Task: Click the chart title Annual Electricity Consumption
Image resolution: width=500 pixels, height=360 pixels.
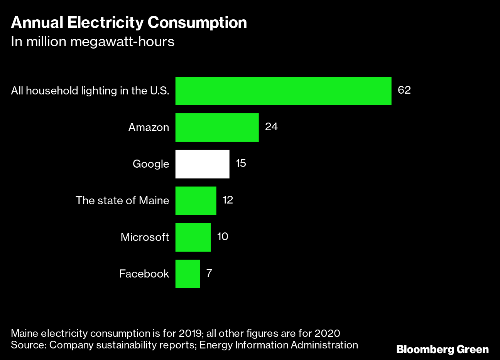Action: click(129, 23)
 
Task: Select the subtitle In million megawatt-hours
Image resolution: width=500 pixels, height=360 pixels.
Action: click(93, 42)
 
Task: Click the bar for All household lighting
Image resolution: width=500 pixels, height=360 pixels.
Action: click(283, 91)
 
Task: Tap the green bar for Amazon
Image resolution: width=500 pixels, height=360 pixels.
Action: click(217, 128)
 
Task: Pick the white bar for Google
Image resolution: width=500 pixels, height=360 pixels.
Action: click(202, 164)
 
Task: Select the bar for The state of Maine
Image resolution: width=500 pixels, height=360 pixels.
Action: click(196, 201)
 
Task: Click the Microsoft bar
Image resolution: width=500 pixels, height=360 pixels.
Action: click(193, 237)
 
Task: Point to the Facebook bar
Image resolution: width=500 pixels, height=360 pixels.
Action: click(187, 274)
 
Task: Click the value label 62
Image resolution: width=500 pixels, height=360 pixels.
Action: click(404, 90)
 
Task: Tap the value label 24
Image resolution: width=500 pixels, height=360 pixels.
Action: click(271, 127)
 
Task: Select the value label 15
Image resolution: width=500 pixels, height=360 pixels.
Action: click(240, 163)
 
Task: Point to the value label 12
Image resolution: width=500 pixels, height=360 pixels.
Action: click(228, 200)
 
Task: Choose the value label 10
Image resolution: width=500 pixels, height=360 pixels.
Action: click(223, 236)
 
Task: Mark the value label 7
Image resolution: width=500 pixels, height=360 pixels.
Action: click(209, 273)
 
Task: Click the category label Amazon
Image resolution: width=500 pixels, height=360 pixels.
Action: click(149, 128)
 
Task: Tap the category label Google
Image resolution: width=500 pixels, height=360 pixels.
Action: click(151, 164)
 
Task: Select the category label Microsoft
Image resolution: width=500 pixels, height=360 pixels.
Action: click(145, 237)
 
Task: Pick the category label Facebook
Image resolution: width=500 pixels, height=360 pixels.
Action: click(144, 274)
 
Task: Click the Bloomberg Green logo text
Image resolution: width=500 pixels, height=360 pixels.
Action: click(443, 350)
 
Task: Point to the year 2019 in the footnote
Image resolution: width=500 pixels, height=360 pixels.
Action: click(190, 333)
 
